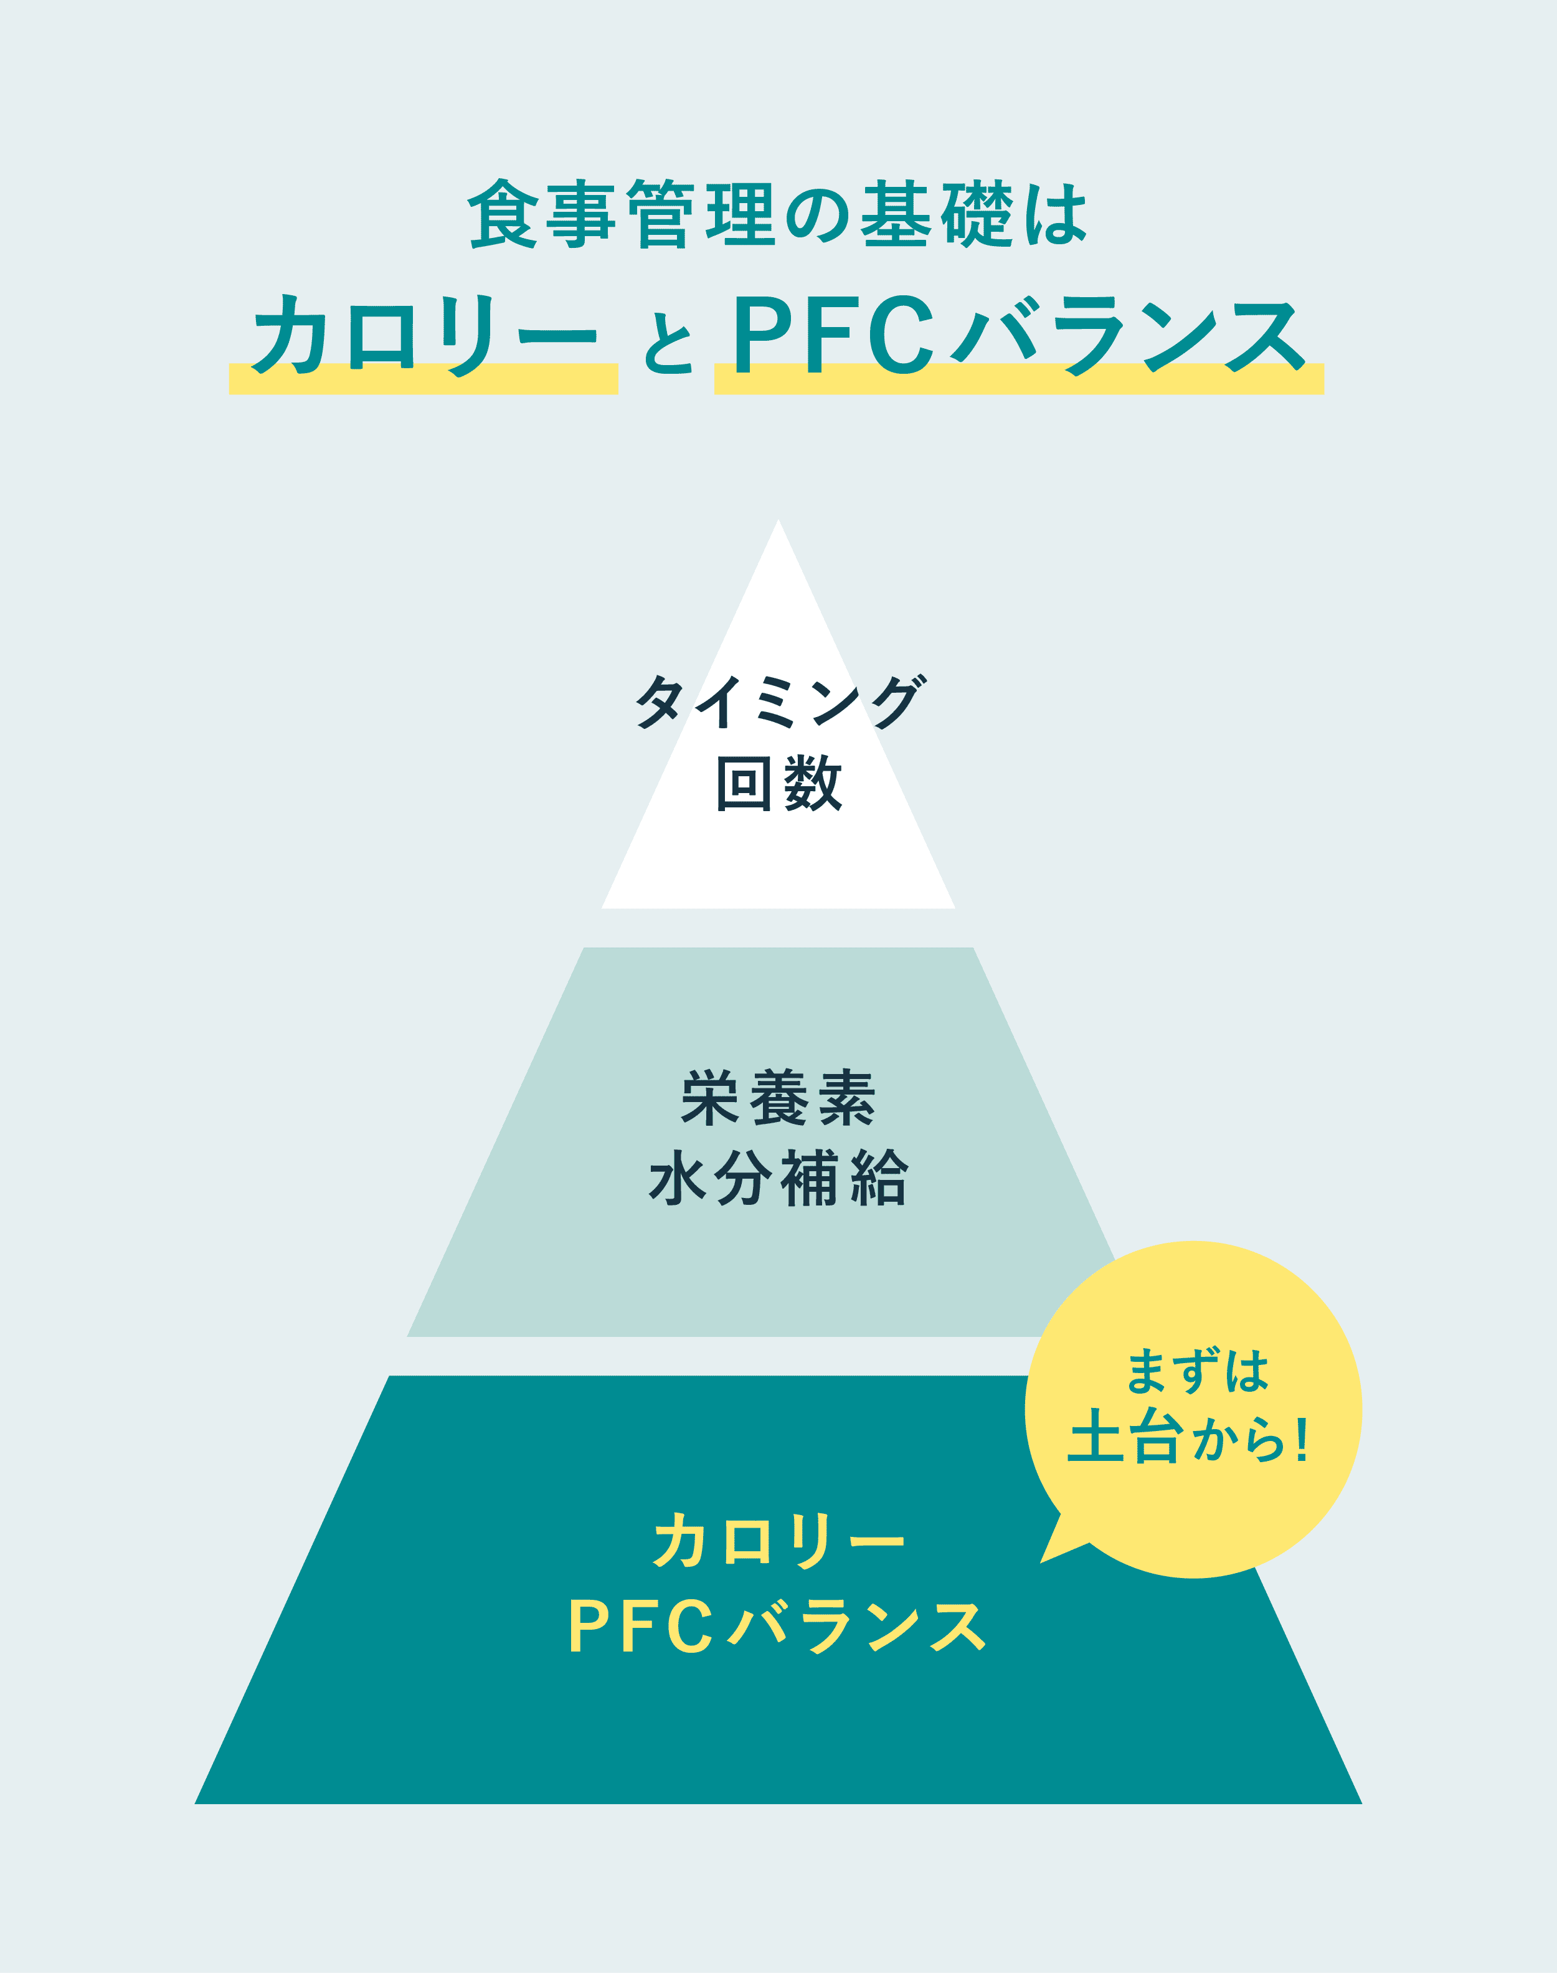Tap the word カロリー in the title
[424, 335]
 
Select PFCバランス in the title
[1019, 335]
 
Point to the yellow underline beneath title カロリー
[424, 379]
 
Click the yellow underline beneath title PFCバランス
[1019, 379]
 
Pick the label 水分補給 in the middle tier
[778, 1178]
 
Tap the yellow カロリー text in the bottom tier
[778, 1540]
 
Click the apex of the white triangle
[778, 521]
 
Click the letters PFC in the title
[834, 335]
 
